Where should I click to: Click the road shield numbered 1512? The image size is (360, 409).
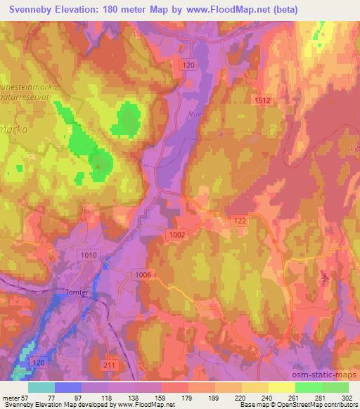tap(262, 100)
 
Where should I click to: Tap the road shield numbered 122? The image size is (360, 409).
tap(240, 220)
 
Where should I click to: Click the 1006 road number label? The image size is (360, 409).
tap(145, 275)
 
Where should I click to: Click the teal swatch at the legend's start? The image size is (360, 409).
tap(41, 387)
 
